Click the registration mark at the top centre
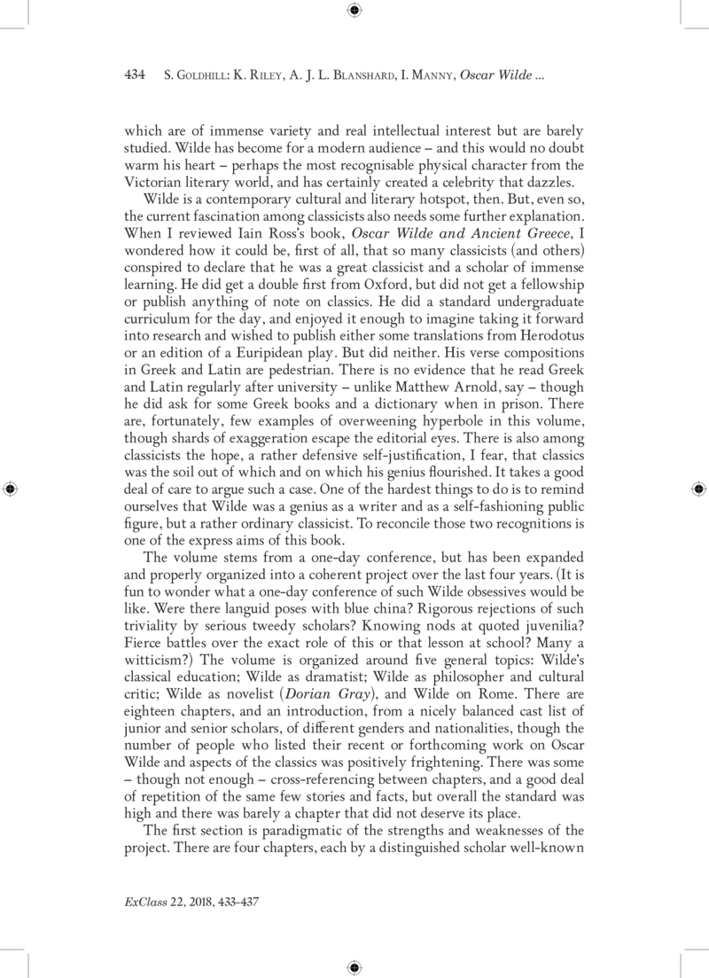pos(354,11)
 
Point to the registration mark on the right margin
pos(698,489)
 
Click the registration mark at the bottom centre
pos(354,966)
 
